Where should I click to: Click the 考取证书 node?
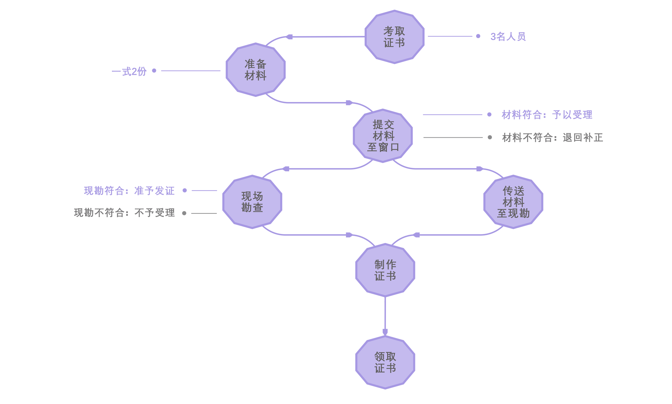[x=394, y=37]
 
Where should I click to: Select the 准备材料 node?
[x=255, y=70]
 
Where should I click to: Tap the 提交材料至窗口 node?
[x=383, y=136]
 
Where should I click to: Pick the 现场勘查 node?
[x=252, y=202]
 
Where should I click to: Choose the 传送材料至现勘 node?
[x=513, y=202]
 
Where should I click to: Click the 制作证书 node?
[x=385, y=270]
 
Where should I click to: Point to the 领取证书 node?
[x=385, y=362]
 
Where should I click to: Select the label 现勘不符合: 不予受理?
[x=124, y=213]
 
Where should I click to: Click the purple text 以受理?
[x=577, y=115]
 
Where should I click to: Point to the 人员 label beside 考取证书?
[x=512, y=36]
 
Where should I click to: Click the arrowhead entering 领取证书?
[x=385, y=331]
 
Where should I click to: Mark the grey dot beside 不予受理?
[x=184, y=213]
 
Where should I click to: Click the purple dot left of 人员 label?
[x=478, y=36]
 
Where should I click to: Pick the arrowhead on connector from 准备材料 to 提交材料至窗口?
[x=349, y=103]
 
